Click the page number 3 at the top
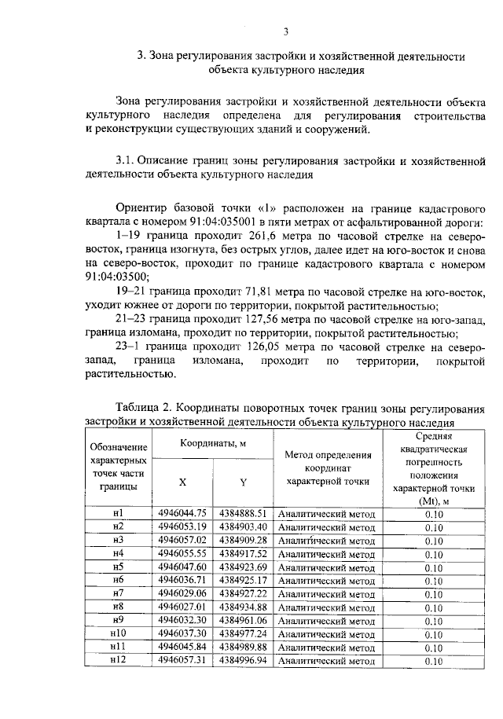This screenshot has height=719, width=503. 286,31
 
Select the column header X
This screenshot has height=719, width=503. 182,482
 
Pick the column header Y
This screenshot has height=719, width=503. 243,482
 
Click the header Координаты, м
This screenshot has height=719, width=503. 212,443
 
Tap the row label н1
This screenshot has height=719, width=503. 119,514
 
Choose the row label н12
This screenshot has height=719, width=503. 119,662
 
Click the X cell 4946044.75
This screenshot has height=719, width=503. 182,514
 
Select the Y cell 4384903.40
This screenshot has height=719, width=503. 244,527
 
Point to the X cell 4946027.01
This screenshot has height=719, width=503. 182,607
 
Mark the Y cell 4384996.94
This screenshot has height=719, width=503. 244,662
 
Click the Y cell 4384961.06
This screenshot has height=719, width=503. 244,621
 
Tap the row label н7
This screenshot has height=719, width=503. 119,594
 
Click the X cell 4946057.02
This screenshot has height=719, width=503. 182,541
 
